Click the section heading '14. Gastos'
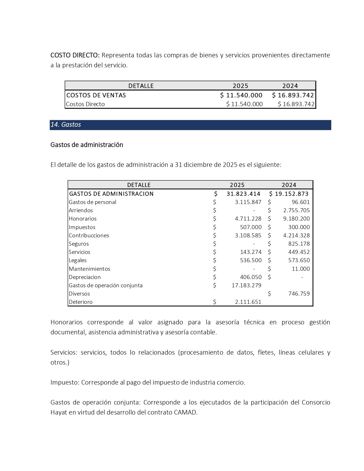(66, 125)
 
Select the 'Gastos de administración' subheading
(87, 145)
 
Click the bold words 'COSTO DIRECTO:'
(75, 55)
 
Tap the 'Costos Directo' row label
(85, 104)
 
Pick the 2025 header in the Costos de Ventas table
(240, 86)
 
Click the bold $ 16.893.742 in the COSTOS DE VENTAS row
(293, 95)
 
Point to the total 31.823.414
(243, 194)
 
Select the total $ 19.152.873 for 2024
(289, 194)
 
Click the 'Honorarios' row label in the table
(82, 219)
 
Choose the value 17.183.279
(246, 285)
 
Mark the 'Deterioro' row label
(80, 302)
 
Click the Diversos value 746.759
(299, 294)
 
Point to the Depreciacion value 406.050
(251, 277)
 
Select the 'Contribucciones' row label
(89, 236)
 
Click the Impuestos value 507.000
(251, 227)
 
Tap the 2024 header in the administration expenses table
(289, 185)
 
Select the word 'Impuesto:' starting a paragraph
(65, 383)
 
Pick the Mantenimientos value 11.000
(301, 269)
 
